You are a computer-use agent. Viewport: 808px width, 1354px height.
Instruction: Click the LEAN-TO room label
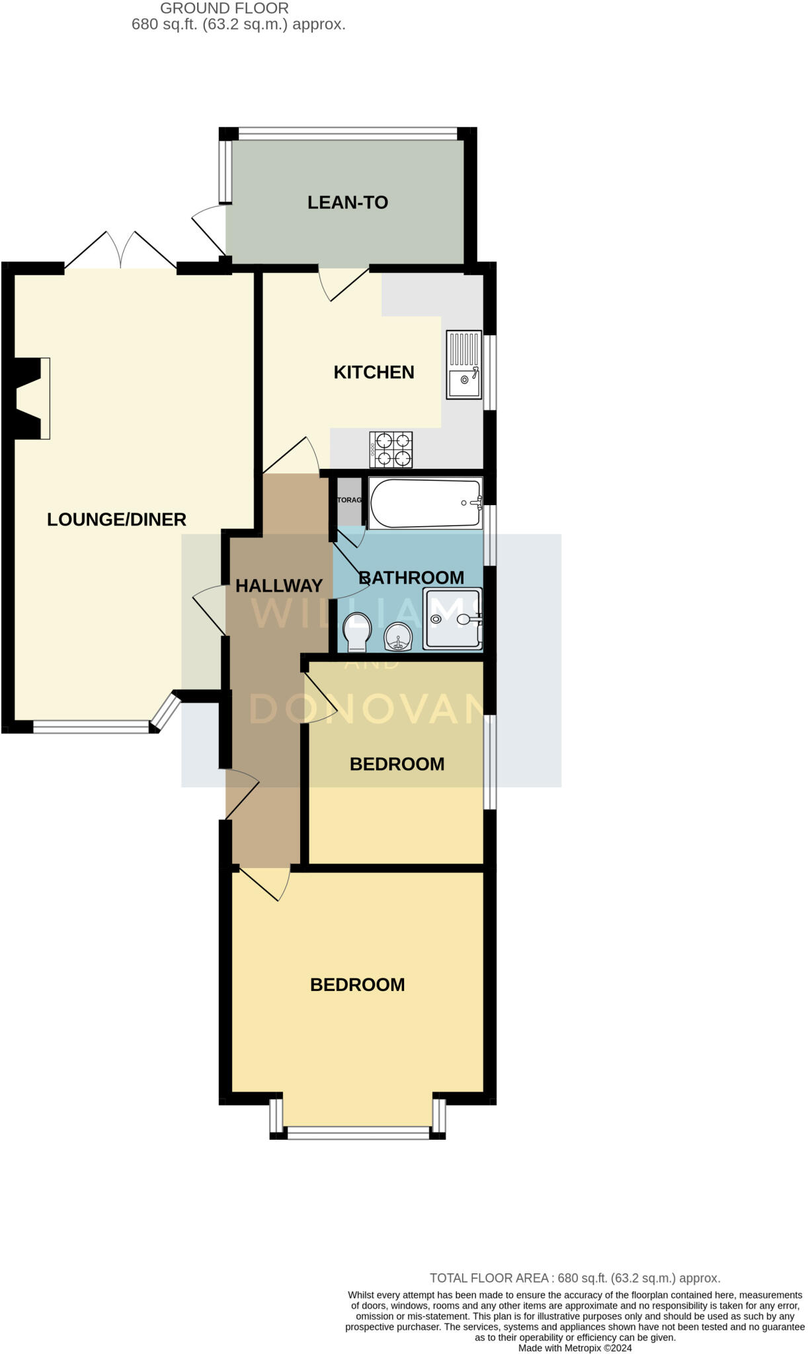[x=347, y=202]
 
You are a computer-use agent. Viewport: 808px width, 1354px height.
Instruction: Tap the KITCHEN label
[x=374, y=372]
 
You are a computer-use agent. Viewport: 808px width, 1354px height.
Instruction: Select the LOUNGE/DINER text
[x=116, y=520]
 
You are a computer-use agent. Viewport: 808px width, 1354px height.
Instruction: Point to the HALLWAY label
[x=278, y=586]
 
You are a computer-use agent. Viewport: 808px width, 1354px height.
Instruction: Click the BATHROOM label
[x=411, y=578]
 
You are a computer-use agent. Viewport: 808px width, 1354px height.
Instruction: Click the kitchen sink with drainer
[x=464, y=365]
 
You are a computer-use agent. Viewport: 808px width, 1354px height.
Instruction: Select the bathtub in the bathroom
[x=425, y=503]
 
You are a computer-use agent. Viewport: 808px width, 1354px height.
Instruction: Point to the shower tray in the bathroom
[x=453, y=619]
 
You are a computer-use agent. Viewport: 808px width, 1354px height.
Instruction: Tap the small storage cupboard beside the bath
[x=349, y=500]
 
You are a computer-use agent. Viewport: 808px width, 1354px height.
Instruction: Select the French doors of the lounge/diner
[x=120, y=251]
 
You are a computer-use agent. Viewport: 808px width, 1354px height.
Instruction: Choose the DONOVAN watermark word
[x=367, y=709]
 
